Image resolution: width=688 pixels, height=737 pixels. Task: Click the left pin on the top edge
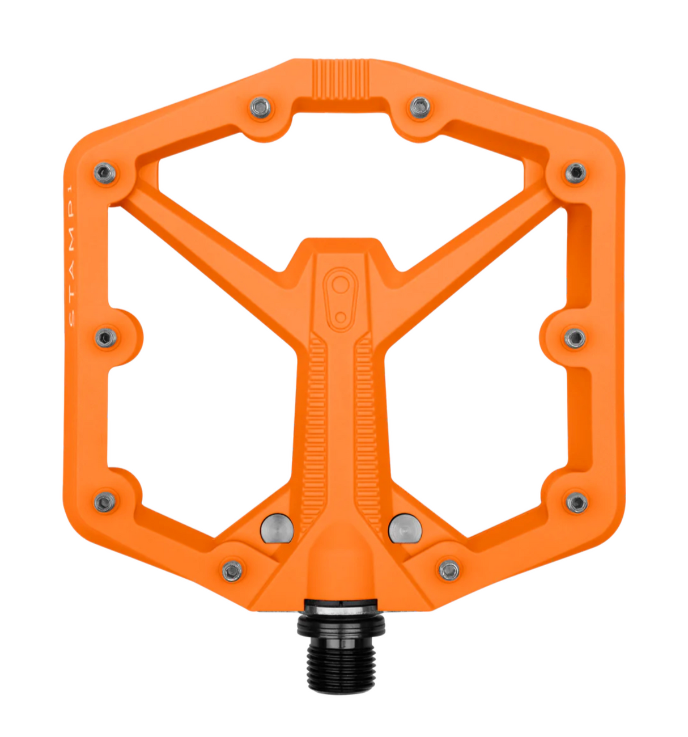click(x=261, y=107)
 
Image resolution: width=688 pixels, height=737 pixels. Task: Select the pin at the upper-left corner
click(x=105, y=173)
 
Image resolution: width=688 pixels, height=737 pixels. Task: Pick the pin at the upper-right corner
click(x=575, y=173)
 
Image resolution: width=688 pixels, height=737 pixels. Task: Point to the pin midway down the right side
click(x=575, y=338)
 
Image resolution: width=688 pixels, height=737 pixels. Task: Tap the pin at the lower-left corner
click(x=104, y=502)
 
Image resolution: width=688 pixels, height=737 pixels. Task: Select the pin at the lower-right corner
click(x=576, y=502)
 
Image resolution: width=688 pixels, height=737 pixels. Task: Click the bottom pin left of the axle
click(x=232, y=570)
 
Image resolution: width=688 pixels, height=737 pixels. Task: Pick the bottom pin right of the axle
click(x=449, y=570)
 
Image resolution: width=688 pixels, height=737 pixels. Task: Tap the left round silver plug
click(x=277, y=528)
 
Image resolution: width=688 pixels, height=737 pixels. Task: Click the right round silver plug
click(x=405, y=528)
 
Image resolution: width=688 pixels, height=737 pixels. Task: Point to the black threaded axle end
click(x=341, y=663)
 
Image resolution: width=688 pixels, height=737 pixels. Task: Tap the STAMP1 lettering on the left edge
click(x=71, y=255)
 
